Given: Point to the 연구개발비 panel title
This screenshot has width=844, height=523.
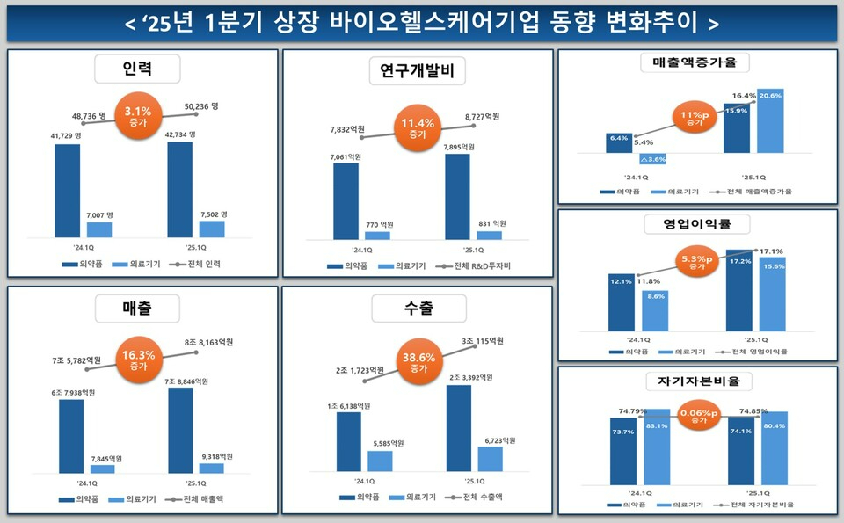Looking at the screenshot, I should (x=416, y=69).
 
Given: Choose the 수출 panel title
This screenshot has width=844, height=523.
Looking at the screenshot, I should (x=416, y=308).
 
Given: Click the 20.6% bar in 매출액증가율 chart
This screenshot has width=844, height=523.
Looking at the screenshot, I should (x=769, y=120).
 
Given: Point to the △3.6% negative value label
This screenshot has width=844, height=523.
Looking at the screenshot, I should (x=653, y=159).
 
